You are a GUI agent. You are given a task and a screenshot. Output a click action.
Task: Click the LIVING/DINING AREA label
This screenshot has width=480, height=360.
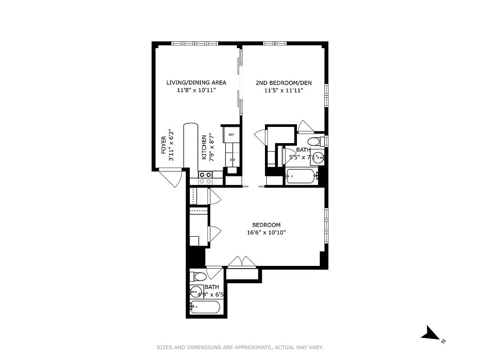click(x=196, y=82)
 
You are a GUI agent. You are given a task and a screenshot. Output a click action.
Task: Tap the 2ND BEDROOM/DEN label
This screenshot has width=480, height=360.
click(x=283, y=82)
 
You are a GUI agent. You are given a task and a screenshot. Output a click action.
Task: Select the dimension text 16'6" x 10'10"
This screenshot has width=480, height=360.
click(x=266, y=233)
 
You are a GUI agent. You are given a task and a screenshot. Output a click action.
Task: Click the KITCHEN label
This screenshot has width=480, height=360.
click(x=204, y=148)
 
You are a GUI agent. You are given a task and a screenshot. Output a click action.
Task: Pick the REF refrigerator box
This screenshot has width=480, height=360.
click(x=232, y=135)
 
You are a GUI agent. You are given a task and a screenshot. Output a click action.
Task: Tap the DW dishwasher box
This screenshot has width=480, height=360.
click(x=233, y=160)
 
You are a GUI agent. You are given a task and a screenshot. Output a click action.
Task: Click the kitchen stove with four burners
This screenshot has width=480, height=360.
click(x=206, y=178)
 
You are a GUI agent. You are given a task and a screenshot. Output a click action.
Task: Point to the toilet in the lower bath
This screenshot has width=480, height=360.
click(x=198, y=276)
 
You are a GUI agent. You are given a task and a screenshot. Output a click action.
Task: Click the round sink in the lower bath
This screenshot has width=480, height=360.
click(x=196, y=291)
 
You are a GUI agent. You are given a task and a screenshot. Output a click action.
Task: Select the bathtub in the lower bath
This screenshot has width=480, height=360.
click(x=205, y=308)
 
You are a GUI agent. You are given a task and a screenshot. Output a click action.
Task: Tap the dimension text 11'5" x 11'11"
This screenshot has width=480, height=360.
click(x=283, y=90)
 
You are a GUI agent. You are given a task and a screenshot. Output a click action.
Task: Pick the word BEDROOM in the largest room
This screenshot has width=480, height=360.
click(x=266, y=225)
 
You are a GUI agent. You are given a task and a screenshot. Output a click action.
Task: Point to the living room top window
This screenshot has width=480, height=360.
click(x=195, y=43)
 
